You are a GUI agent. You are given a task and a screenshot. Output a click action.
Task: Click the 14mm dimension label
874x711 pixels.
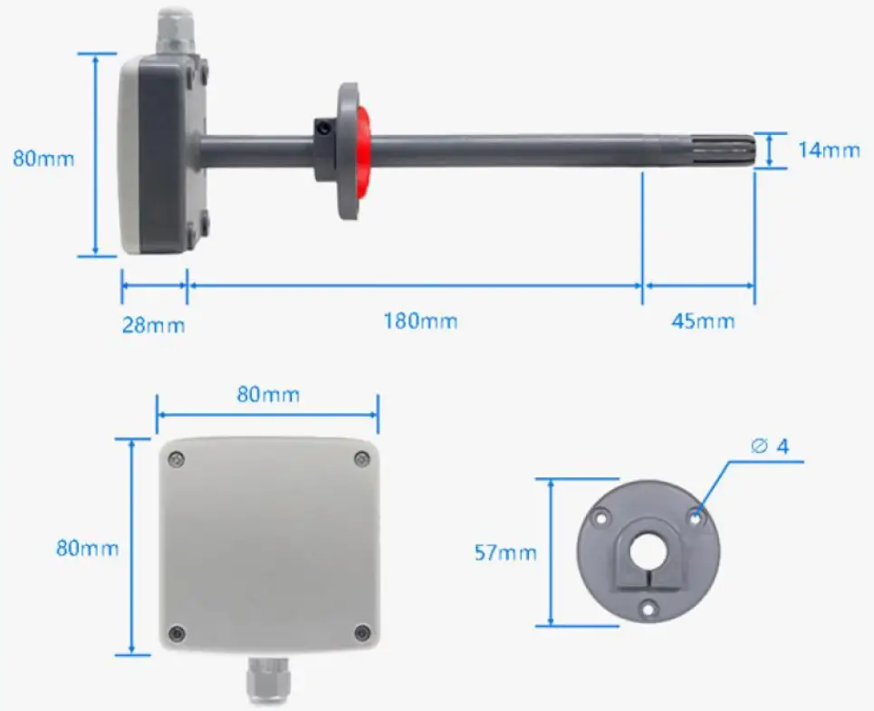click(829, 149)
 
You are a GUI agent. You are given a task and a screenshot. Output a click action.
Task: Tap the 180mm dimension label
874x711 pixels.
click(420, 321)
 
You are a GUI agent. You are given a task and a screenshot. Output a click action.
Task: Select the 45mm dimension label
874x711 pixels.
click(703, 321)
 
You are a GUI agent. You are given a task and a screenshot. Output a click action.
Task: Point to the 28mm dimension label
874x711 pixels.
click(153, 325)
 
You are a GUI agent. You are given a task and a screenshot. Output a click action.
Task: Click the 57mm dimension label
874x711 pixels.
click(505, 552)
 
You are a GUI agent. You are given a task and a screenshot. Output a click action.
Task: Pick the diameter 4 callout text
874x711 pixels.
click(771, 447)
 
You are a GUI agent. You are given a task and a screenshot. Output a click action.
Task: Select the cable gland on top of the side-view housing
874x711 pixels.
click(173, 31)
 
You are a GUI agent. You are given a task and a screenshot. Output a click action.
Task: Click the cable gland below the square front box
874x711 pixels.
click(267, 680)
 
